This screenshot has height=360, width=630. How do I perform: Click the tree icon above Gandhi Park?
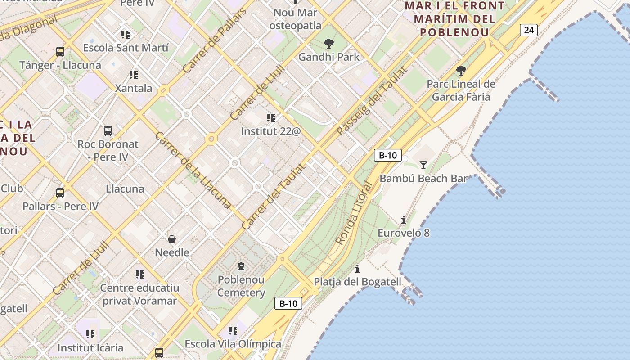[329, 44]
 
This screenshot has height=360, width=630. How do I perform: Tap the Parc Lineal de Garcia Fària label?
[461, 90]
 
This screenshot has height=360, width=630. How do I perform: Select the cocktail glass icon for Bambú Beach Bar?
[423, 165]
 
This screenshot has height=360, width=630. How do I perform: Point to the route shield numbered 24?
[529, 30]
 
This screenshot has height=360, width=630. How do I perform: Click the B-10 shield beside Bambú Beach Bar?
[387, 155]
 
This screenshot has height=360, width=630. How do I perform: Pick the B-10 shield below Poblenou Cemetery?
[288, 303]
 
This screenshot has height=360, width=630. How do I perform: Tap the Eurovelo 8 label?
[403, 233]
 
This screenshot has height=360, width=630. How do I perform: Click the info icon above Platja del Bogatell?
[357, 269]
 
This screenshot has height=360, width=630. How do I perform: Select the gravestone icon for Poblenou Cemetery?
[241, 266]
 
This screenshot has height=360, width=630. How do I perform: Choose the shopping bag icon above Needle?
[172, 239]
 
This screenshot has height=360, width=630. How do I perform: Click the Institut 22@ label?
[270, 131]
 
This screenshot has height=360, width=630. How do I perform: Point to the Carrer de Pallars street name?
[215, 41]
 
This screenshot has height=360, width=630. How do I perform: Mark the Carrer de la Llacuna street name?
[193, 170]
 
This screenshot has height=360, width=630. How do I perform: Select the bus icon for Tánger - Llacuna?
[60, 52]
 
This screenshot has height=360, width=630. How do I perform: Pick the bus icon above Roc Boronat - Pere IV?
[108, 131]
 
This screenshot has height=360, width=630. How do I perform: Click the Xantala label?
[134, 88]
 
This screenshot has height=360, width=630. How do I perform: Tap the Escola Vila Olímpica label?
[233, 344]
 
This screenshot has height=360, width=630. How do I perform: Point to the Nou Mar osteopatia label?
[295, 19]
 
